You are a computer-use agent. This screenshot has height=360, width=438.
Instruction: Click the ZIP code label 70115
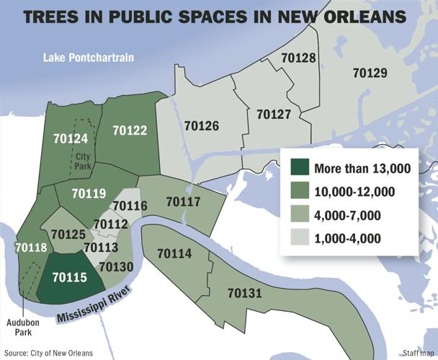pos(70,276)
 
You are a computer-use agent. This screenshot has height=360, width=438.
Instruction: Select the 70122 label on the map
pos(130,130)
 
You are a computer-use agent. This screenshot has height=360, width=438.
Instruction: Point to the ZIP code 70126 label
pos(202,125)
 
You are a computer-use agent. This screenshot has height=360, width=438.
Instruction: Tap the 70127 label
pos(274,114)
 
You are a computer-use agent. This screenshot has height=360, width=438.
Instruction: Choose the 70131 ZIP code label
pos(244,293)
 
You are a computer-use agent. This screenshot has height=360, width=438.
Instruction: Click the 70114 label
pos(174,253)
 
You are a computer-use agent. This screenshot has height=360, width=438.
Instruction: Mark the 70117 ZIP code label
pos(183,202)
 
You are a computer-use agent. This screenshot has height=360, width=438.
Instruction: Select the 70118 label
pos(30,248)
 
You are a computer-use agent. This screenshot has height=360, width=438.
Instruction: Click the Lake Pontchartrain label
pos(89,57)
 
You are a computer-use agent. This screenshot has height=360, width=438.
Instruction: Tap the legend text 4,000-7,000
pos(349,215)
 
